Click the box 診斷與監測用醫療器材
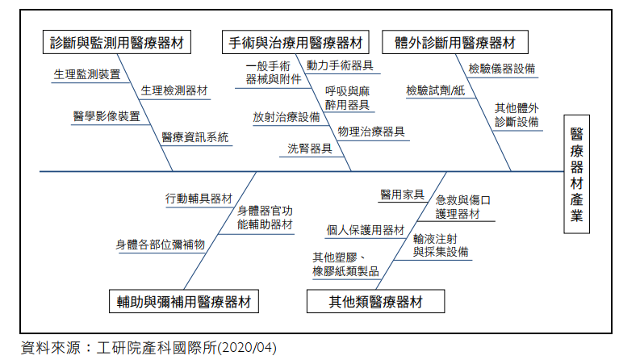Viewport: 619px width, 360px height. tap(116, 42)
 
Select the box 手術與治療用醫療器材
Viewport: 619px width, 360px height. tap(295, 42)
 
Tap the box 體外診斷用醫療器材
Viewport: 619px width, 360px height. tap(455, 42)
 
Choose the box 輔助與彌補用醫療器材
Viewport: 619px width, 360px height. tap(184, 302)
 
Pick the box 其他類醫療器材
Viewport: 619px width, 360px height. tap(375, 302)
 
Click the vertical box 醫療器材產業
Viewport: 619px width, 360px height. tap(577, 174)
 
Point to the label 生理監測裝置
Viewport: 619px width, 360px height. tap(87, 74)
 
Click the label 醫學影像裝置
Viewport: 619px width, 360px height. tap(105, 115)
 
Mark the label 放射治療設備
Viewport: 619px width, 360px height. tap(286, 116)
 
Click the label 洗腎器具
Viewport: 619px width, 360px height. tap(310, 148)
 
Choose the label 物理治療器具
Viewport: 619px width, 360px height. tap(371, 132)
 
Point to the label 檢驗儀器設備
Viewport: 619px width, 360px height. tap(502, 69)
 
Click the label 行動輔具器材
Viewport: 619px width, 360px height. tap(199, 198)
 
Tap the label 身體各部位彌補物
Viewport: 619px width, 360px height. tap(160, 244)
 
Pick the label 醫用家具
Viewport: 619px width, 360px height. tap(402, 194)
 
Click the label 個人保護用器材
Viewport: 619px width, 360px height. tap(366, 230)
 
